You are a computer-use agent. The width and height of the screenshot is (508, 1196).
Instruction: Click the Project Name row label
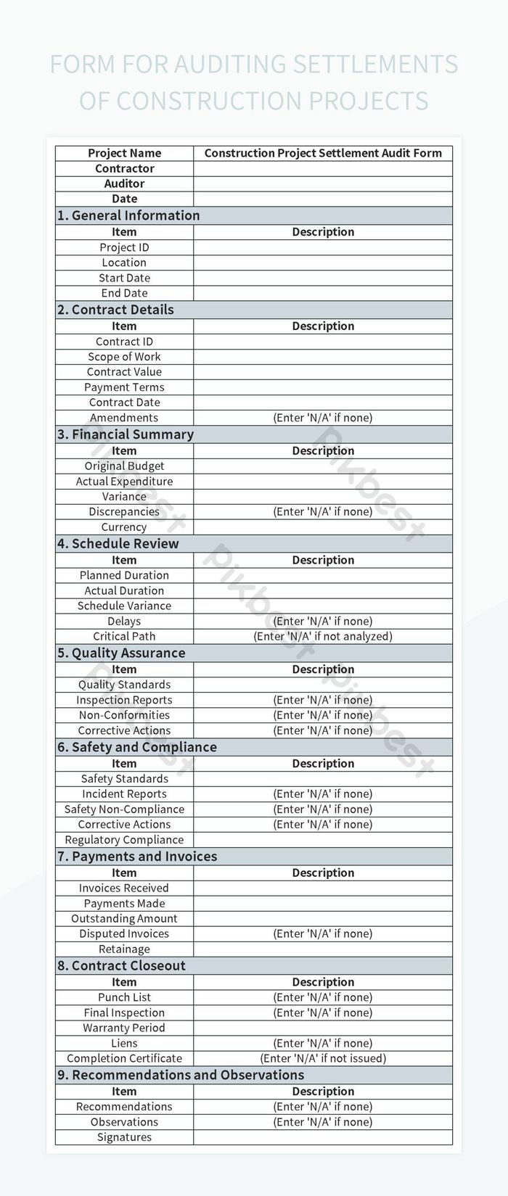124,153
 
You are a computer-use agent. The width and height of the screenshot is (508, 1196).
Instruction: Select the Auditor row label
124,183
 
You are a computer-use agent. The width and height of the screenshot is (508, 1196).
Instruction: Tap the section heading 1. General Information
128,215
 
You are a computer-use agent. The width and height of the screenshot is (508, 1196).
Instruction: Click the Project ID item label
124,247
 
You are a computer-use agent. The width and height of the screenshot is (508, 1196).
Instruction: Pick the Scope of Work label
124,357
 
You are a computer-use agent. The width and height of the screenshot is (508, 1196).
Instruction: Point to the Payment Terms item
124,387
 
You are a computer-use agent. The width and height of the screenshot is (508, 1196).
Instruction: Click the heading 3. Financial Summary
126,434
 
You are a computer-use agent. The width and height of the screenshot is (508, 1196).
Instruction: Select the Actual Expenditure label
124,482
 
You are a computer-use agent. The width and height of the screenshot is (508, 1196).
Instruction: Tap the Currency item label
124,527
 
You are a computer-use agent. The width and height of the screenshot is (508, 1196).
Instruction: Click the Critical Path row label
124,636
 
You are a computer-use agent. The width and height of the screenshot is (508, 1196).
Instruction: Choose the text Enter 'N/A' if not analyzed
323,636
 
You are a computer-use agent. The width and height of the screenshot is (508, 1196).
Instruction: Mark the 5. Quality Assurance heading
121,653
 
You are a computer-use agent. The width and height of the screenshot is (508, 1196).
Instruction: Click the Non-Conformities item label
124,715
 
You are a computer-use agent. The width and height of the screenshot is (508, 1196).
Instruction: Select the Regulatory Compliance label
124,840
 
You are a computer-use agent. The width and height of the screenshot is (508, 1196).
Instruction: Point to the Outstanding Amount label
124,919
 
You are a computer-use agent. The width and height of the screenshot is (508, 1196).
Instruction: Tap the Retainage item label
124,949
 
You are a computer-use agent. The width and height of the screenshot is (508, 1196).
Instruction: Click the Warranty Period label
124,1028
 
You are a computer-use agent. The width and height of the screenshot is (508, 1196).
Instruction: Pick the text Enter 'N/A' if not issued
323,1058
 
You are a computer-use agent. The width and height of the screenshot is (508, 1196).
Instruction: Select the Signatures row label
124,1137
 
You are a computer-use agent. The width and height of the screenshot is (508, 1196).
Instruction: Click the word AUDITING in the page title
230,65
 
